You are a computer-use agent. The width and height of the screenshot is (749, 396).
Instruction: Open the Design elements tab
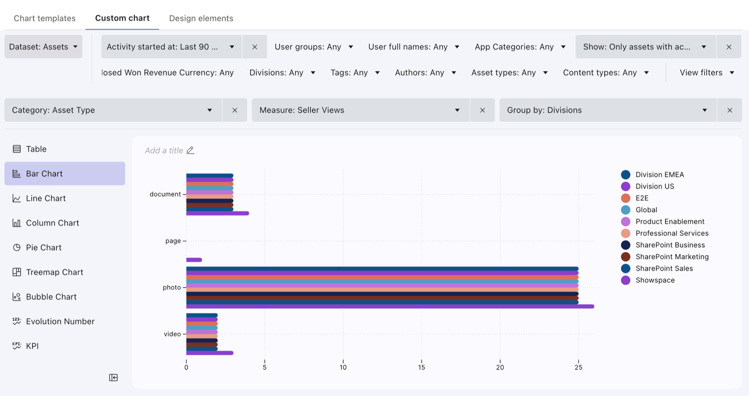coord(201,18)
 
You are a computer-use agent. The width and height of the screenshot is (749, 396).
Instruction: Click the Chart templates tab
coord(44,18)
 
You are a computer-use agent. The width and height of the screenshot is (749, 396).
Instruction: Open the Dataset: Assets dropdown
coord(43,46)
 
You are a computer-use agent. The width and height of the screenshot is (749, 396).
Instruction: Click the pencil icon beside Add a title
coord(190,150)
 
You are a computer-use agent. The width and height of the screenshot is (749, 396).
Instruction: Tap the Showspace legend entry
coord(648,280)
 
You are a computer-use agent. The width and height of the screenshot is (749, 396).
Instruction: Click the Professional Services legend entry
coord(665,233)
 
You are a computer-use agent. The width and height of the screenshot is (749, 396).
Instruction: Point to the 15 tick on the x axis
coord(421,367)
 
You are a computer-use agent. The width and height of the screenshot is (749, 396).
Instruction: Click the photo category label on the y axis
coord(171,287)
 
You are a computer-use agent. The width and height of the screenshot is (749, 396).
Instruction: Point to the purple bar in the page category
coord(194,260)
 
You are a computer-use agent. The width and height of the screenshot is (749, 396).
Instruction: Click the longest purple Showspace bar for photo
coord(390,306)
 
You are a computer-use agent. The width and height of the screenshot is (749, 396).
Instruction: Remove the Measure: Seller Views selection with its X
coord(482,110)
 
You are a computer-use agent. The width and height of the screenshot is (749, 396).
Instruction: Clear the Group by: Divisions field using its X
coord(730,110)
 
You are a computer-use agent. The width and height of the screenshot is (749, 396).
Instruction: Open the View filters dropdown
coord(707,73)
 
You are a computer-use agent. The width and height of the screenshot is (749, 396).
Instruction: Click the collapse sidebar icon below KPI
coord(113,378)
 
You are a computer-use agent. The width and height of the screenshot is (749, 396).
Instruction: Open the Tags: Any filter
coord(355,73)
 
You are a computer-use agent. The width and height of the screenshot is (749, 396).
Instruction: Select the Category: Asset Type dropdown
coord(113,110)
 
